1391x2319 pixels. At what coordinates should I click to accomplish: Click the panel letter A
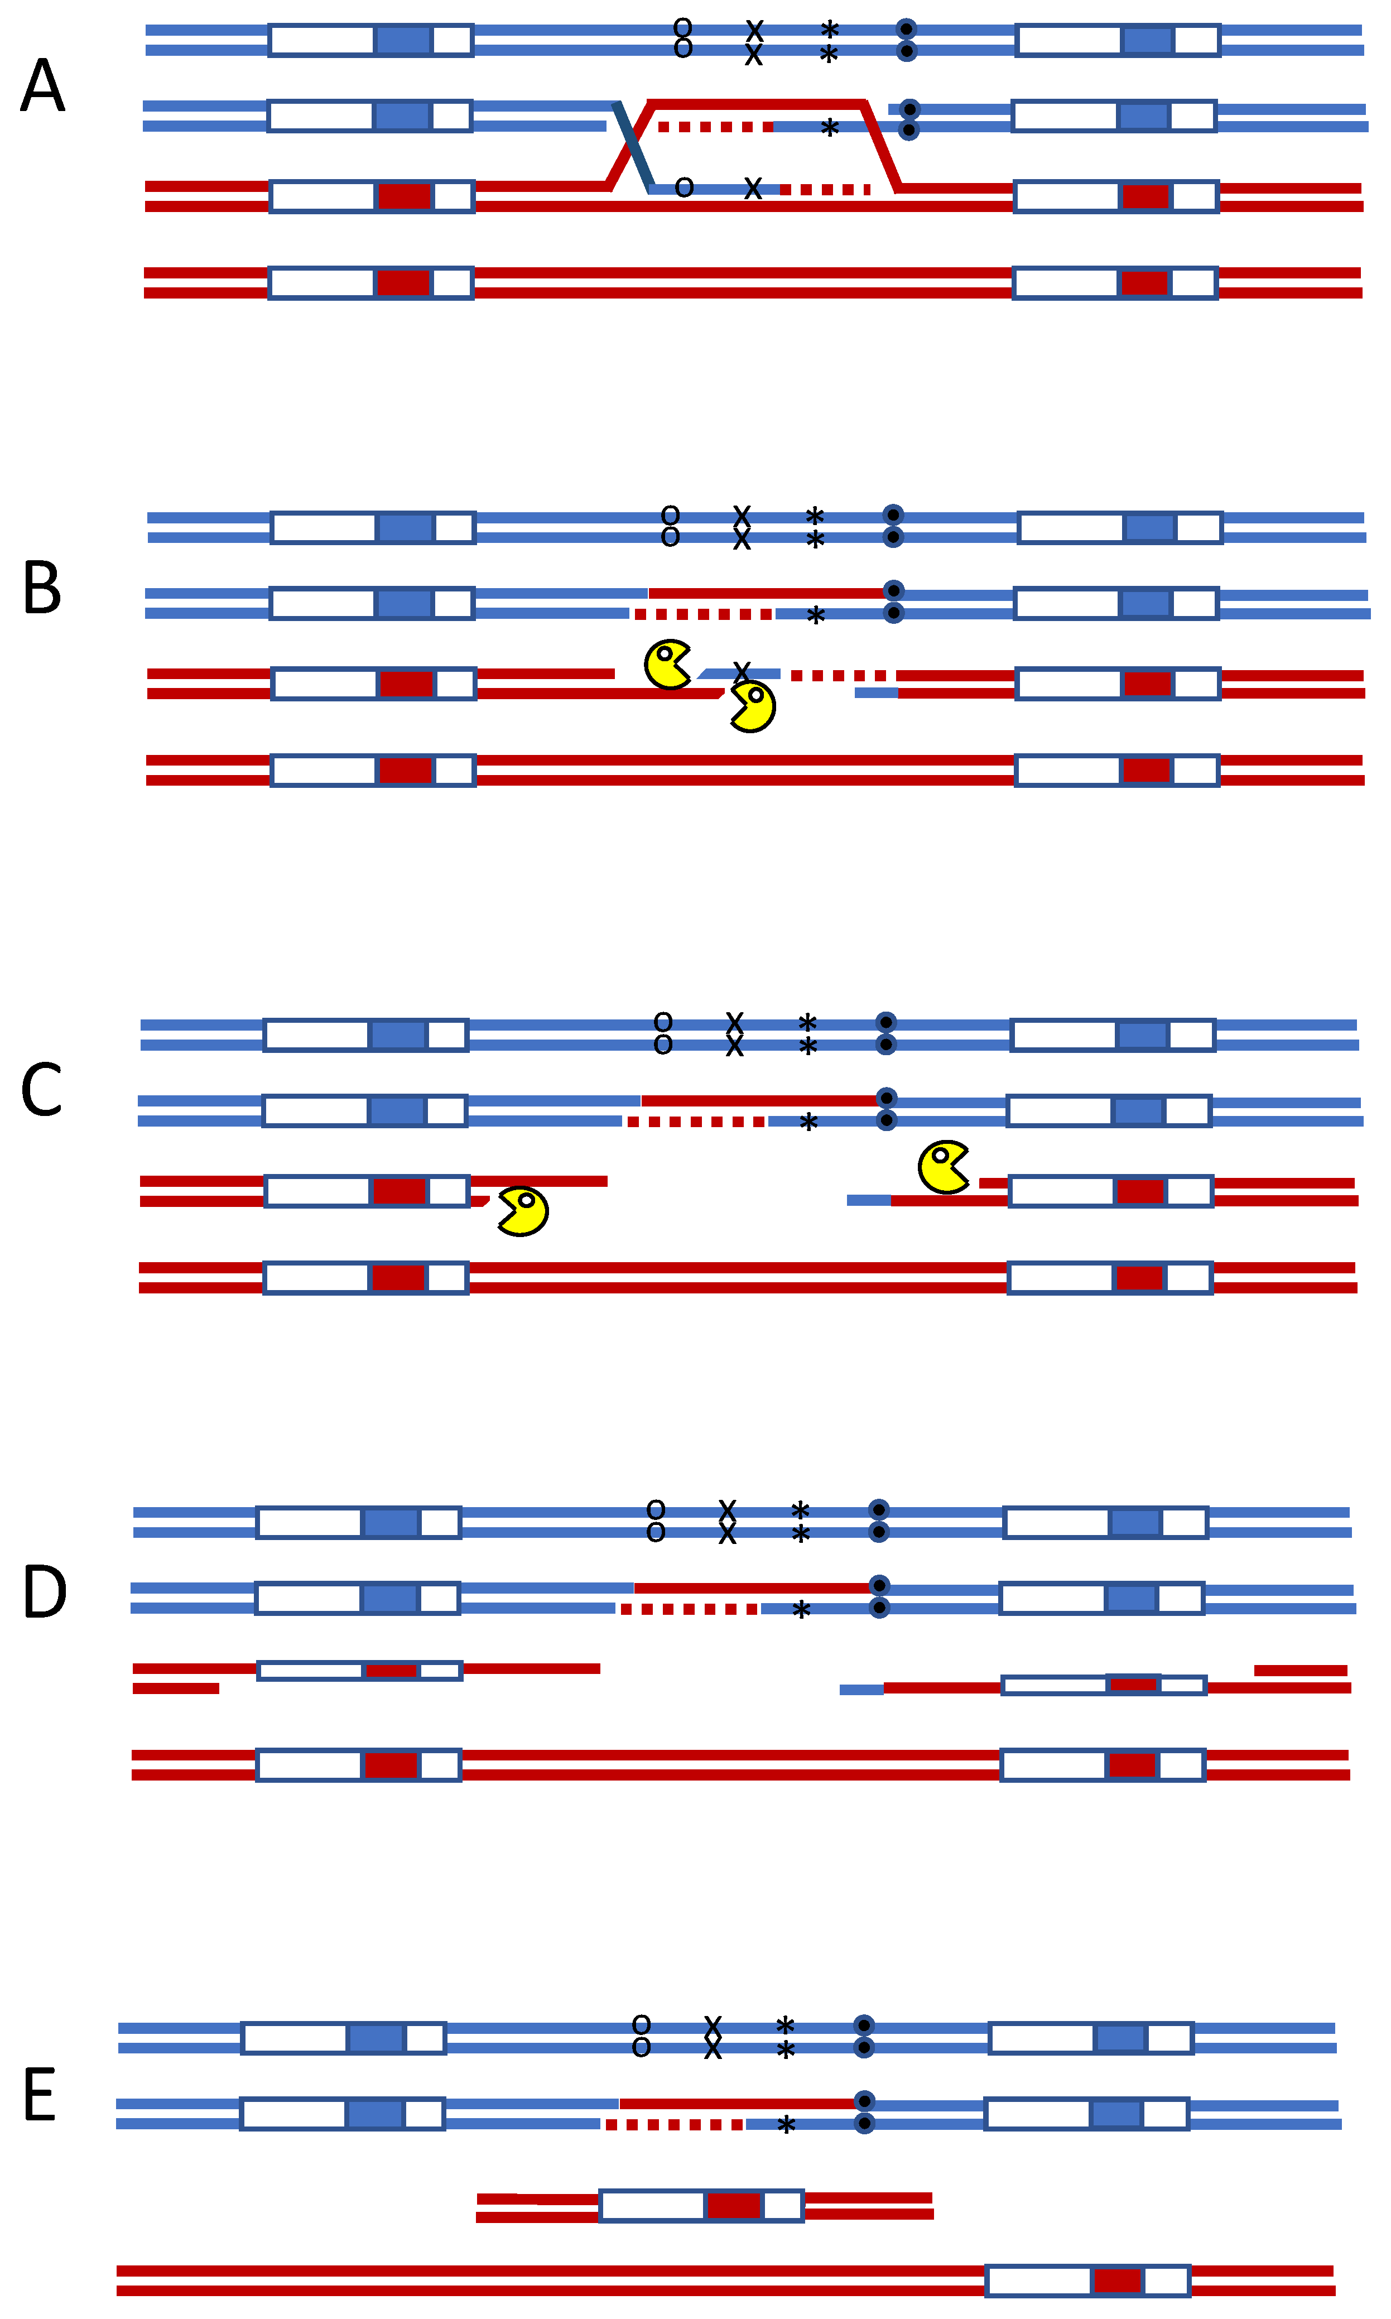(42, 86)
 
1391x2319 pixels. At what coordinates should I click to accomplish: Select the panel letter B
(42, 589)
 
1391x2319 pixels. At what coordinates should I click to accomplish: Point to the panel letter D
(44, 1592)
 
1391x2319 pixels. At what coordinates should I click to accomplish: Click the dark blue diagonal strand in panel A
(634, 147)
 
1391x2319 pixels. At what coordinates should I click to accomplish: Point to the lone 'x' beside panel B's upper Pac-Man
(742, 671)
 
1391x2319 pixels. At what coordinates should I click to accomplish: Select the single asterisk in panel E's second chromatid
(786, 2125)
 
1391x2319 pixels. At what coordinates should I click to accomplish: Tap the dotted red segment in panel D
(689, 1609)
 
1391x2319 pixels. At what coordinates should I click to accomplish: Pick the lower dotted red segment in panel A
(825, 189)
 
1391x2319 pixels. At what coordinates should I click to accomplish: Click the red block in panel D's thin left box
(391, 1671)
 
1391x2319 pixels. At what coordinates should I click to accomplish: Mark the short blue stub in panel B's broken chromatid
(877, 692)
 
